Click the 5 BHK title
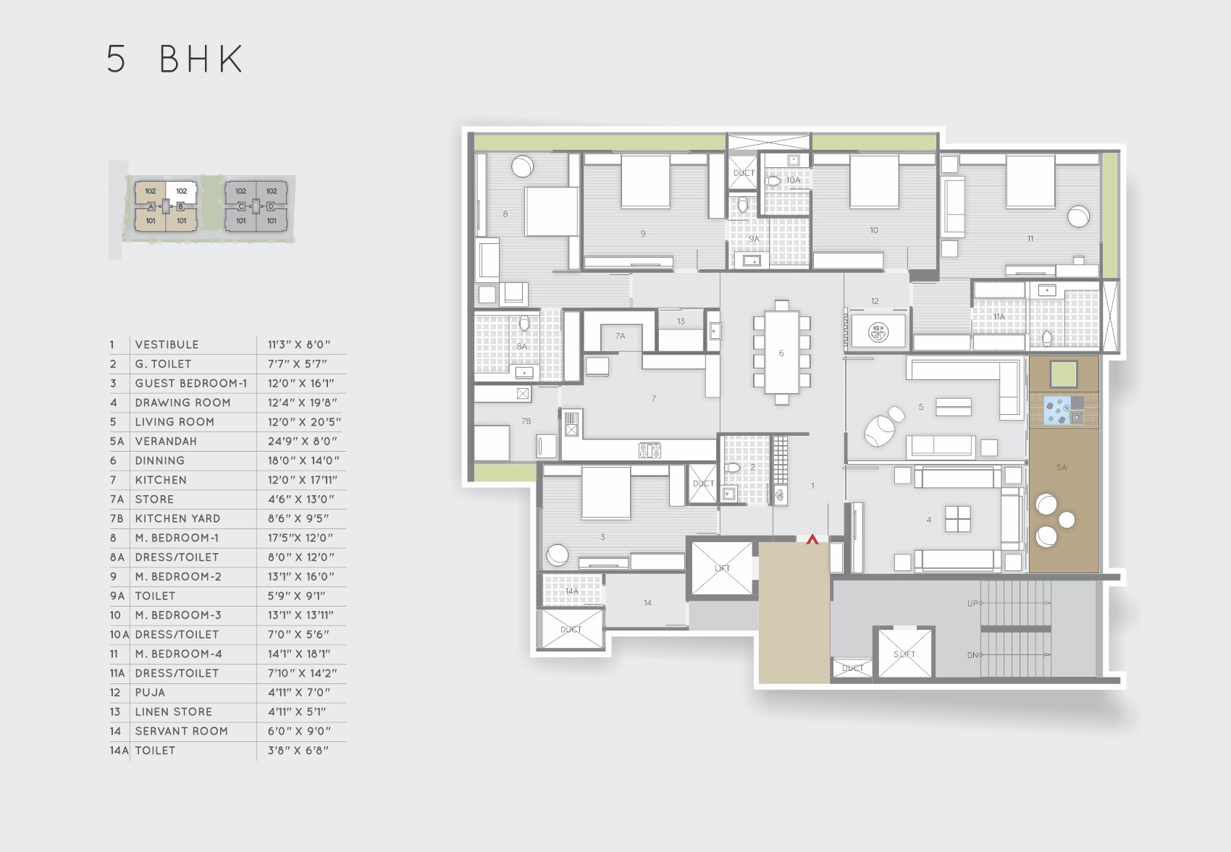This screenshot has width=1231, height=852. coord(175,59)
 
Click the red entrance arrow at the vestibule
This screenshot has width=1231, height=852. coord(812,539)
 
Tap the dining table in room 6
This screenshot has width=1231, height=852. coord(781,353)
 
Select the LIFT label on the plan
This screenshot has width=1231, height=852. coord(722,568)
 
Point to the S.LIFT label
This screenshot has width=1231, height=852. coord(904,654)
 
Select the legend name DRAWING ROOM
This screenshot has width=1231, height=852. coord(182,402)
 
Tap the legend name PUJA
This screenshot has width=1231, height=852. coord(150,692)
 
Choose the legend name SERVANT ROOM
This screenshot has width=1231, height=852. coord(181,731)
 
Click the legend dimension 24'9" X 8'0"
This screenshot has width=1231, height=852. coord(303,441)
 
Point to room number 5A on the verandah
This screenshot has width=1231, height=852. coord(1061,468)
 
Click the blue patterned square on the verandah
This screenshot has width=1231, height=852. coord(1056,410)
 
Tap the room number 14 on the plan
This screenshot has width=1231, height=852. coord(647,602)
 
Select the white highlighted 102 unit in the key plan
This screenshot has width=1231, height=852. coord(181,191)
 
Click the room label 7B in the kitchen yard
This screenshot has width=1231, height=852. coord(526,421)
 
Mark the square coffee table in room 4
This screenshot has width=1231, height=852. coord(957,518)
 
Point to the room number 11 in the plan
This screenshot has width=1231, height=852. coord(1030,238)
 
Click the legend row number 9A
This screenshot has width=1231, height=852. coord(117,596)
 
